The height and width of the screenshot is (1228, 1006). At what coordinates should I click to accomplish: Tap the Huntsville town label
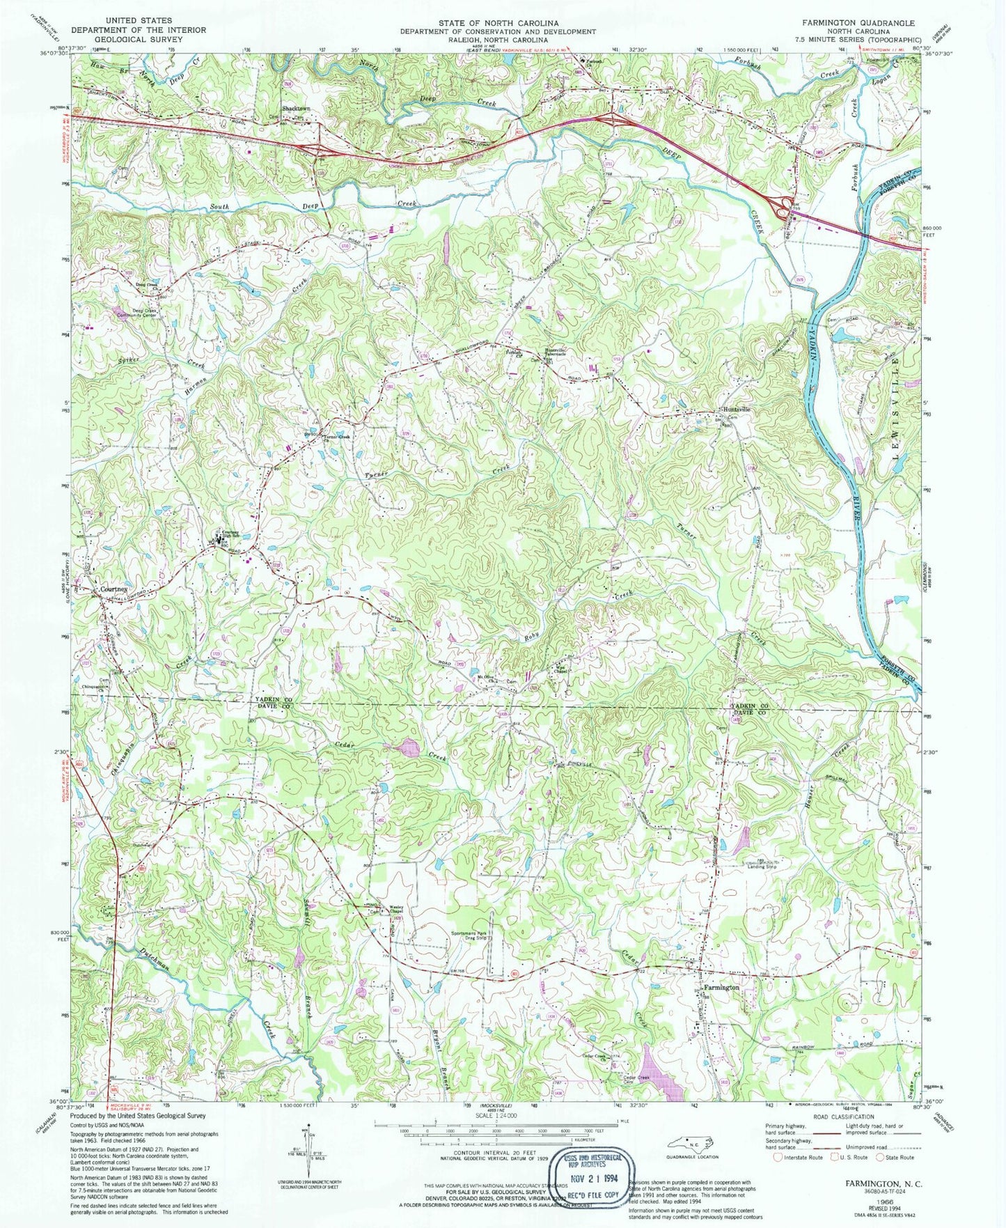tap(735, 410)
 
